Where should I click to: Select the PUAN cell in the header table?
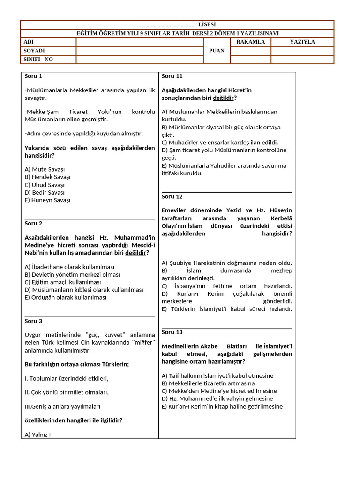217,51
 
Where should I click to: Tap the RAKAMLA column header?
250,42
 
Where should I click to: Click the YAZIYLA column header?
302,42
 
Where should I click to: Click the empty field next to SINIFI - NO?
139,60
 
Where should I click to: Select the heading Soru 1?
33,76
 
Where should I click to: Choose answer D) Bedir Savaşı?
45,192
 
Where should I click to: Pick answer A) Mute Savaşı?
45,169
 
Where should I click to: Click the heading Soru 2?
33,223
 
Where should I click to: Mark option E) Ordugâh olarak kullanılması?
66,297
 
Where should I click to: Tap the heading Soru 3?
33,321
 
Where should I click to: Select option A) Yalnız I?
37,435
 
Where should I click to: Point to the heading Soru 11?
172,76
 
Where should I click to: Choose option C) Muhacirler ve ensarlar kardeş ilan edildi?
220,142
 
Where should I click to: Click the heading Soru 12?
172,196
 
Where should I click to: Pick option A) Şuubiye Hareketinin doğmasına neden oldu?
226,263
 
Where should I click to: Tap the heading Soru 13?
172,332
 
